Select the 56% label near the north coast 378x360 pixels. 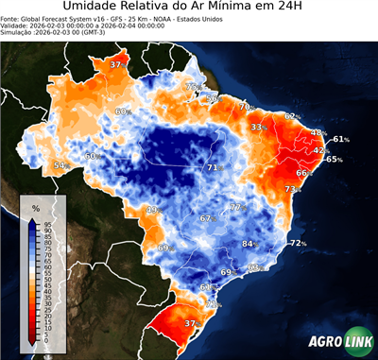point(213,98)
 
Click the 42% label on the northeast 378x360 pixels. point(320,150)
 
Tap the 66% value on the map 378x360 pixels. point(303,173)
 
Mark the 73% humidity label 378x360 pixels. point(292,190)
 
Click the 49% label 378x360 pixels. point(151,209)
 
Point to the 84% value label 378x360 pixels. point(249,244)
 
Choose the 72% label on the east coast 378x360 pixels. point(298,243)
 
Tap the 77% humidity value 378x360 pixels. point(237,207)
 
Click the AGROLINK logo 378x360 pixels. point(339,342)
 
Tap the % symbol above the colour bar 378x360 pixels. point(36,206)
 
